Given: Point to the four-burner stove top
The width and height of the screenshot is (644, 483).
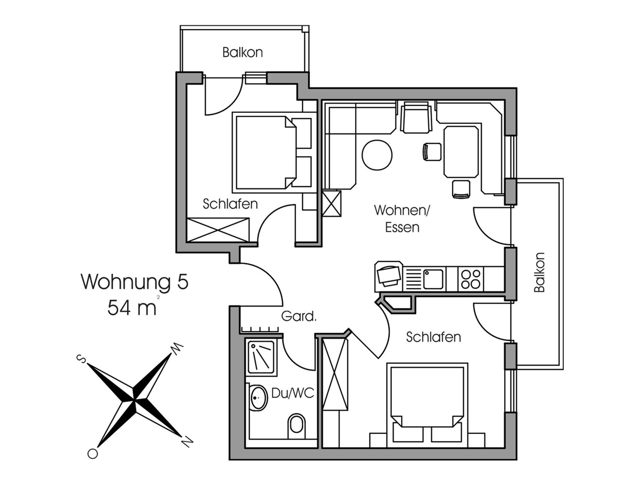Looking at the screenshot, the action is click(x=470, y=279).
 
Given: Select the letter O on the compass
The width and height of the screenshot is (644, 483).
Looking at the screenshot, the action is click(x=92, y=453).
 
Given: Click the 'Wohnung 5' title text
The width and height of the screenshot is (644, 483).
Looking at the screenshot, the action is click(x=135, y=281).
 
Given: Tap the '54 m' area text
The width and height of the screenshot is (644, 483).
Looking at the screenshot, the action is click(x=132, y=307).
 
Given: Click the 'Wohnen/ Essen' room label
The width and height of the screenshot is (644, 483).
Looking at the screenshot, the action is click(x=402, y=219).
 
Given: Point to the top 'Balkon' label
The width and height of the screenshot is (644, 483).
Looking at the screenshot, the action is click(x=242, y=52).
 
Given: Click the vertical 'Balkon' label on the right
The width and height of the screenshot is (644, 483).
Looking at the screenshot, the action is click(x=539, y=272).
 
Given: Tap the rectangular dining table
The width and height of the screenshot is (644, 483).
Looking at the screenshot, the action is click(x=461, y=152).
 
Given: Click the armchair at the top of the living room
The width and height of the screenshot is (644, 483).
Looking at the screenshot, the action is click(x=416, y=117).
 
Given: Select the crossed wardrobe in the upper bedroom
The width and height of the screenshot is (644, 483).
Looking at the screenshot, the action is click(x=218, y=230).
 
